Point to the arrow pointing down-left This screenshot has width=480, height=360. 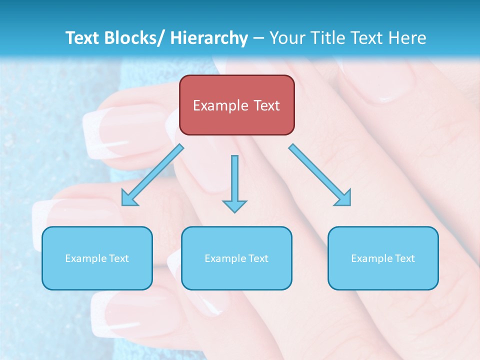click(x=152, y=174)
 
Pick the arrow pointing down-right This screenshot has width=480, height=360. click(x=320, y=175)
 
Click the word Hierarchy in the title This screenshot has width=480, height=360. click(x=209, y=38)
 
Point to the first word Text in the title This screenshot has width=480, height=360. click(x=82, y=38)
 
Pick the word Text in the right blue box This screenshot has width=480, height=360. click(x=404, y=258)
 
